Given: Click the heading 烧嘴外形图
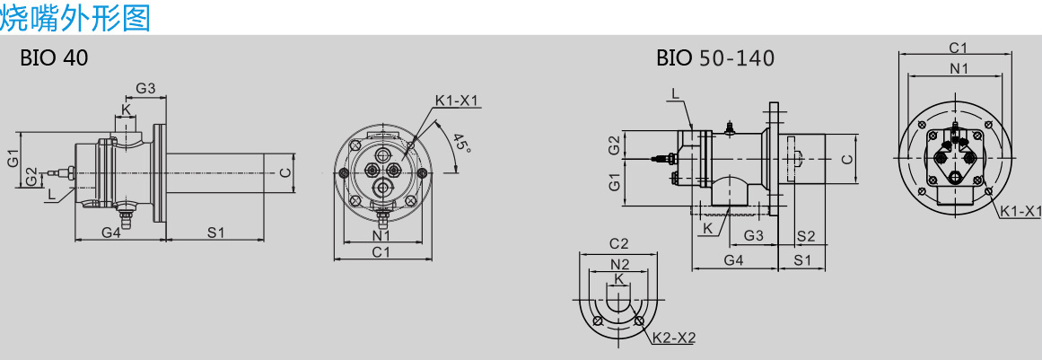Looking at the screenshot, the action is [75, 16].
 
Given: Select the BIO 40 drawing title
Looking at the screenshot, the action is [54, 57].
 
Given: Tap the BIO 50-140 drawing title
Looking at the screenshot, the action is [715, 57].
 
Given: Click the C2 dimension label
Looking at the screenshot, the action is [618, 244].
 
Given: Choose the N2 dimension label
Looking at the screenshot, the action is [619, 264].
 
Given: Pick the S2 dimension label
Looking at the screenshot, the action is [805, 236].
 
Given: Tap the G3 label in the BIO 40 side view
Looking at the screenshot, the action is [145, 88].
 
